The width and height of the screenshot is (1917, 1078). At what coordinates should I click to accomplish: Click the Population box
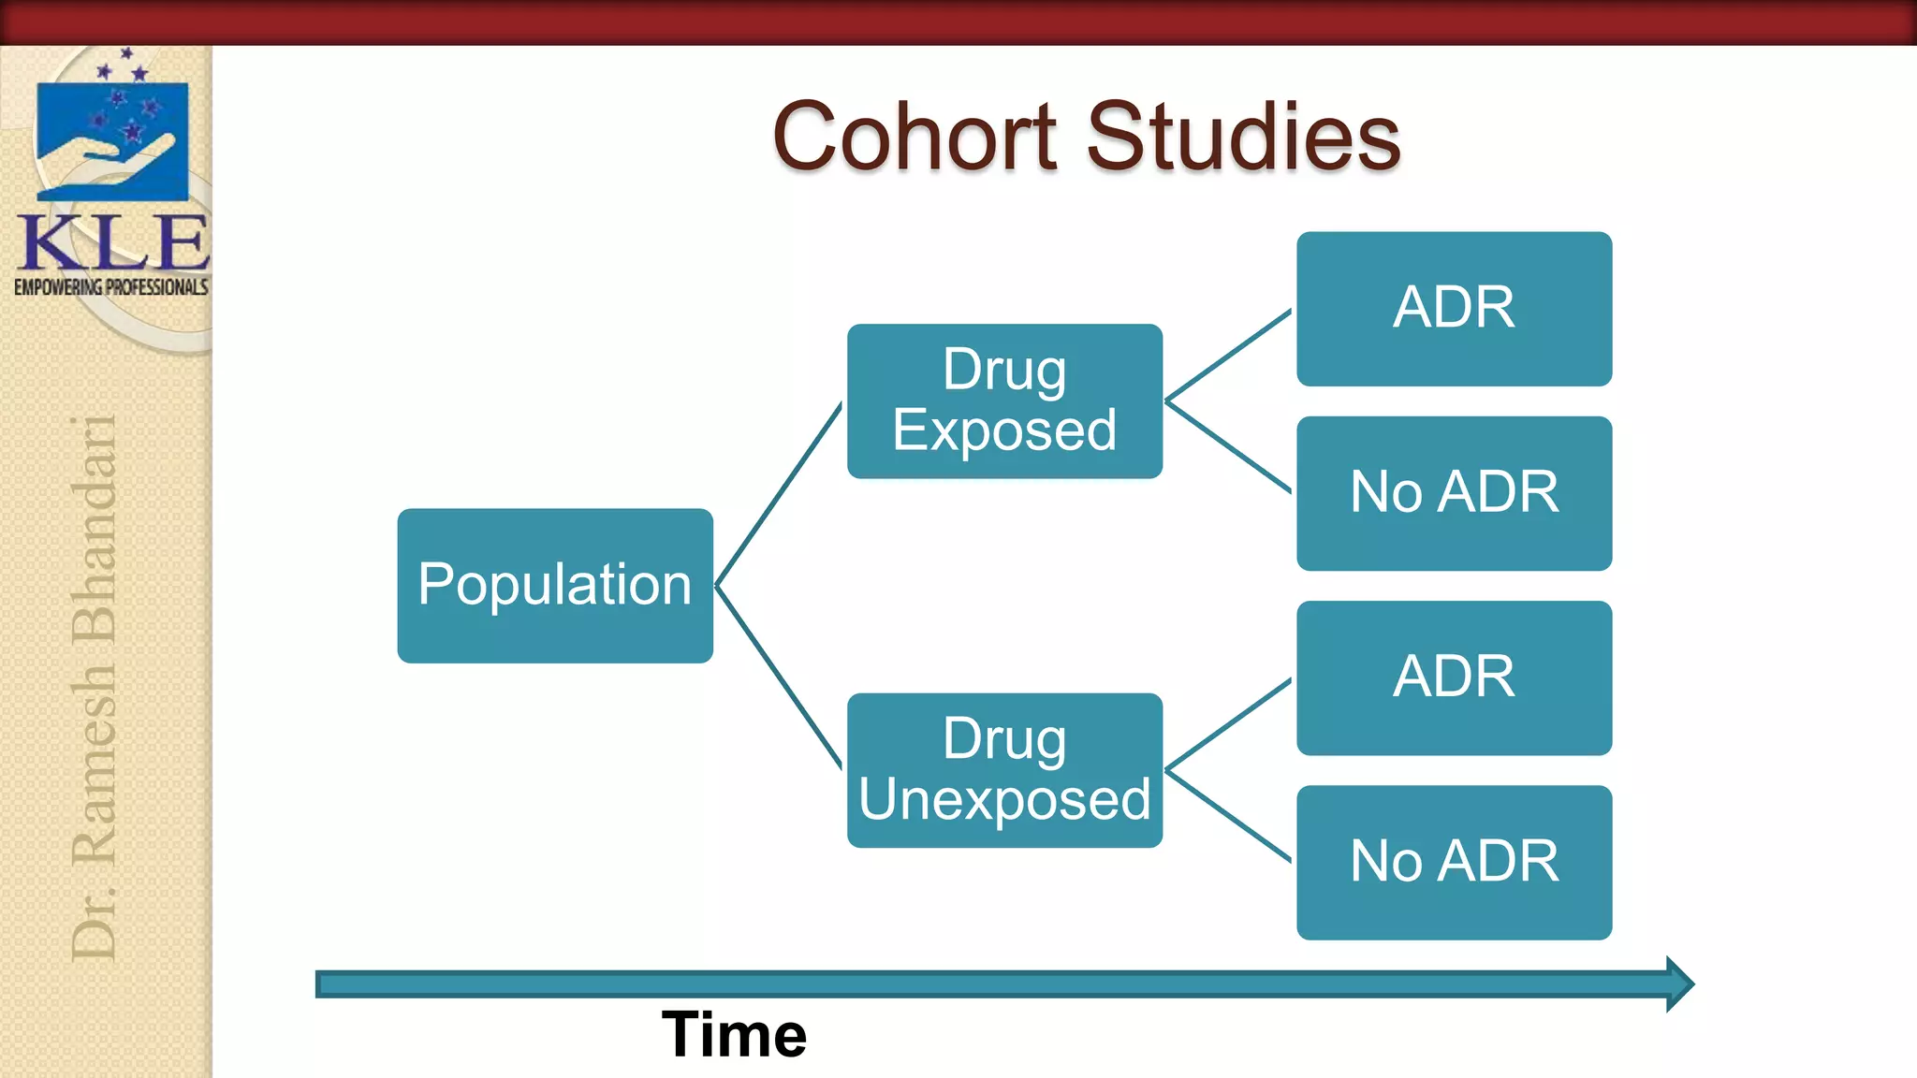pos(555,586)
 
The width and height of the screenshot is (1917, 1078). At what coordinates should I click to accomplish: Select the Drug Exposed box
pos(1004,401)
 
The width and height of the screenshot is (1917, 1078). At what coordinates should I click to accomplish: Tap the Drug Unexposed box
pos(1004,770)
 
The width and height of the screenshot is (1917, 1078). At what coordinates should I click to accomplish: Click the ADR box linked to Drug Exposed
pos(1454,309)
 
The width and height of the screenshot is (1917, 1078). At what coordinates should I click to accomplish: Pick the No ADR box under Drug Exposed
pos(1454,493)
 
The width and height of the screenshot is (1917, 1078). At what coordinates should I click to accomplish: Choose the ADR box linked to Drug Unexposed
pos(1454,677)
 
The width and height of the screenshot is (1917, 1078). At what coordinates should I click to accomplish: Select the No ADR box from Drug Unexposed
pos(1454,862)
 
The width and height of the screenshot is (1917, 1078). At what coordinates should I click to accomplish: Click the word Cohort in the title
pos(915,138)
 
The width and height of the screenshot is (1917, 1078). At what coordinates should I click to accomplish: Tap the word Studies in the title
pos(1242,138)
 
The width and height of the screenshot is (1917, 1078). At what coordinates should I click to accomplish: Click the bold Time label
pos(734,1035)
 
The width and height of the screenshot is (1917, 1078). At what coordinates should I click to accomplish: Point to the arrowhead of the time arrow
pos(1679,983)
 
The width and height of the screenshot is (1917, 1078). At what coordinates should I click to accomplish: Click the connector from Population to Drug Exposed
pos(779,494)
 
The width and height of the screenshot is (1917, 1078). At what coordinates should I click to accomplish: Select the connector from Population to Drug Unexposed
pos(779,677)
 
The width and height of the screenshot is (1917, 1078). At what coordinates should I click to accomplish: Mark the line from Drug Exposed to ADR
pos(1228,356)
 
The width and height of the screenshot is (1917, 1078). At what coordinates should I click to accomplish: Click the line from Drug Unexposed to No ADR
pos(1228,816)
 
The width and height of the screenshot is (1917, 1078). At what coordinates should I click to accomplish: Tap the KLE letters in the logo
pos(113,242)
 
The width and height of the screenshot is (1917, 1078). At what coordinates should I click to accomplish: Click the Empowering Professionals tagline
pos(110,287)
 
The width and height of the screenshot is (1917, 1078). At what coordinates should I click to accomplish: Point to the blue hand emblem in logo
pos(112,140)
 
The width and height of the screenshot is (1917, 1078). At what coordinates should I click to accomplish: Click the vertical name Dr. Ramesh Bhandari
pos(94,688)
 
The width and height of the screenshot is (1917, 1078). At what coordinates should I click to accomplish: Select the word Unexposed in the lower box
pos(1004,800)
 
